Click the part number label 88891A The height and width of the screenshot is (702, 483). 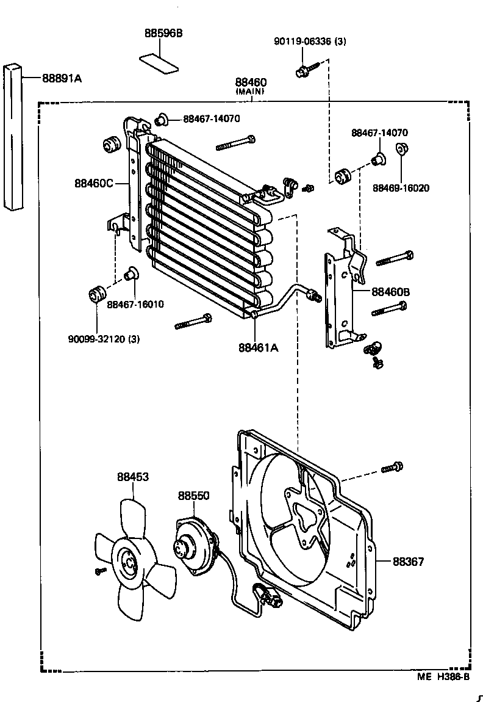[x=62, y=78]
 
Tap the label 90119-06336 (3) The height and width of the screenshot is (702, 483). [x=310, y=42]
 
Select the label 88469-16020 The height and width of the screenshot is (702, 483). [x=401, y=188]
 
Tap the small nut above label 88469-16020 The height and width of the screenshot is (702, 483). [x=401, y=148]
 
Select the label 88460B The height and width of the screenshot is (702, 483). [x=390, y=292]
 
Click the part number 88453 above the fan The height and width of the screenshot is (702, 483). [x=133, y=477]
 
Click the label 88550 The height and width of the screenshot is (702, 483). [x=193, y=496]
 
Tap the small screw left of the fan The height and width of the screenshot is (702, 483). [x=100, y=571]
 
